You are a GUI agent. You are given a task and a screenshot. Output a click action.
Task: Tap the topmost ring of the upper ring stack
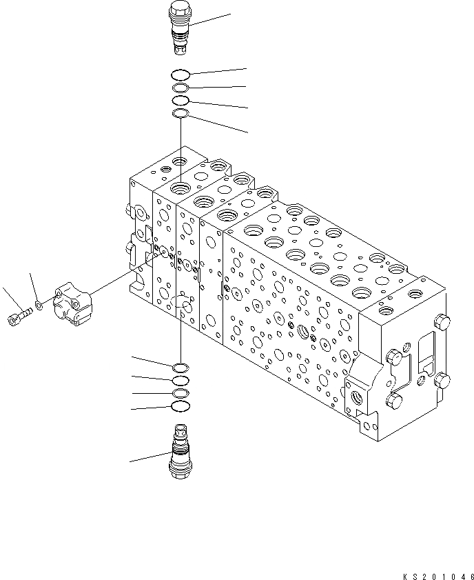[x=180, y=75]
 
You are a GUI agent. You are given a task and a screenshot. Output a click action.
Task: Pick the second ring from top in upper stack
[x=180, y=88]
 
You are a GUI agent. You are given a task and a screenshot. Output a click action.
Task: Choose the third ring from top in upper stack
[x=180, y=101]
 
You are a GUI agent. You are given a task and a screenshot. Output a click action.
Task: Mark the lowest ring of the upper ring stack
[x=180, y=113]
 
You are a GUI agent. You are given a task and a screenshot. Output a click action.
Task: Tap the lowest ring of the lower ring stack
[x=179, y=406]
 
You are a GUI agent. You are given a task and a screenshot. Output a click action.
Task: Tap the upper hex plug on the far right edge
[x=443, y=322]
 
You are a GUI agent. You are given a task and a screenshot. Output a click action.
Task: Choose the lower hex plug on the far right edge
[x=442, y=380]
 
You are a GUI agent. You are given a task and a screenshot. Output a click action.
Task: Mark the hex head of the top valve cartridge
[x=179, y=10]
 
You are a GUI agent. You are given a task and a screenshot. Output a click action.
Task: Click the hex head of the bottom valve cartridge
[x=179, y=470]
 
